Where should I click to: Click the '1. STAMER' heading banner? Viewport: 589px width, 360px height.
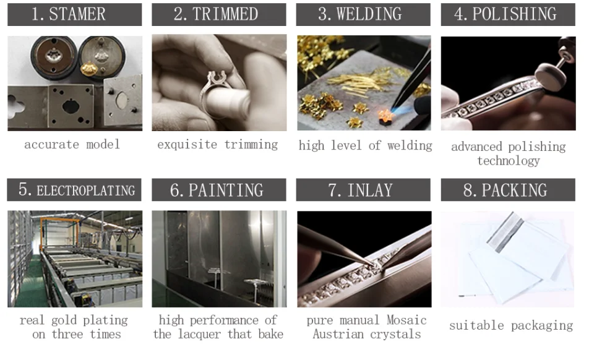(75, 14)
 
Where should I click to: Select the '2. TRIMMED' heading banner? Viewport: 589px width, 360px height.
(218, 14)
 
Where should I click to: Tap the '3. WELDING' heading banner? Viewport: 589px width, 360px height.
(363, 14)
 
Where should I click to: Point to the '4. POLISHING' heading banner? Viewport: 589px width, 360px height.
(508, 14)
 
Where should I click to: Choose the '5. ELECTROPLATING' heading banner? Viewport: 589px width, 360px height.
(74, 189)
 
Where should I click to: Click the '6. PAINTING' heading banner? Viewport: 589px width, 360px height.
(218, 189)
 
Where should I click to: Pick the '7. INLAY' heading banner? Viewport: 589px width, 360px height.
(363, 189)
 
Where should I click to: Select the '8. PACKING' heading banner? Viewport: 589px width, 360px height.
(508, 189)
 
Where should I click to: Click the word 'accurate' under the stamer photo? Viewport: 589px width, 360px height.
(52, 145)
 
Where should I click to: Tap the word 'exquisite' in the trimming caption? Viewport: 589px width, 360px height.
(187, 145)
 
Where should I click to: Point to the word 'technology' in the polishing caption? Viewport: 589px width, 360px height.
(509, 161)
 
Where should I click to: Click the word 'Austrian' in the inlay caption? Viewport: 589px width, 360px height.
(338, 334)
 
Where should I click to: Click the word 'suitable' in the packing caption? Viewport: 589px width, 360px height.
(476, 325)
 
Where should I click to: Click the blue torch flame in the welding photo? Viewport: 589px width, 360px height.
(402, 109)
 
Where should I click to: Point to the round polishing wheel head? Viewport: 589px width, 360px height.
(549, 76)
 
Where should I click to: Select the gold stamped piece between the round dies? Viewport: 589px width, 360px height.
(89, 69)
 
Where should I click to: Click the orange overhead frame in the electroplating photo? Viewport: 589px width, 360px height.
(60, 225)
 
